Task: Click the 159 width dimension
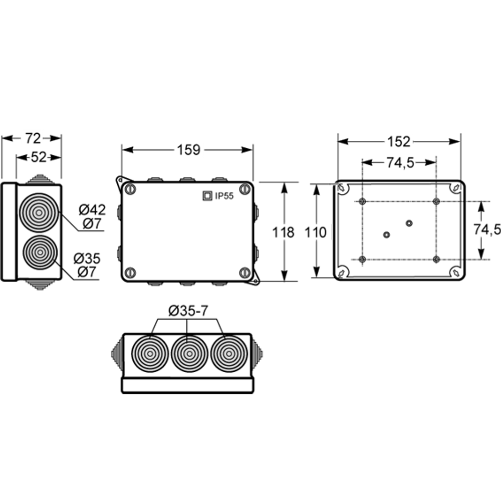click(188, 150)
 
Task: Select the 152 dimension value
click(399, 142)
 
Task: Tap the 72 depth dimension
click(33, 138)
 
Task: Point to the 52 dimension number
click(39, 157)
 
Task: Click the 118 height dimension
click(283, 232)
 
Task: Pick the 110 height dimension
click(315, 232)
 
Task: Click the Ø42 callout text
click(92, 209)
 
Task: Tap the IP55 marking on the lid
click(224, 196)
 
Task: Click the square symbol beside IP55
click(207, 196)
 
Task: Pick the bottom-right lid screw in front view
click(245, 273)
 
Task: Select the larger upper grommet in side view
click(39, 212)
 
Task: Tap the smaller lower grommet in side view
click(40, 253)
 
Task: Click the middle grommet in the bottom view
click(189, 354)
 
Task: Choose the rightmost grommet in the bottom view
click(229, 354)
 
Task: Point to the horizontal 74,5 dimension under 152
click(400, 163)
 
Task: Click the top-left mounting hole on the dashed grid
click(362, 201)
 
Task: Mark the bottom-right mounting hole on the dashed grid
click(436, 259)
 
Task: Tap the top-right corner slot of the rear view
click(455, 188)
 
